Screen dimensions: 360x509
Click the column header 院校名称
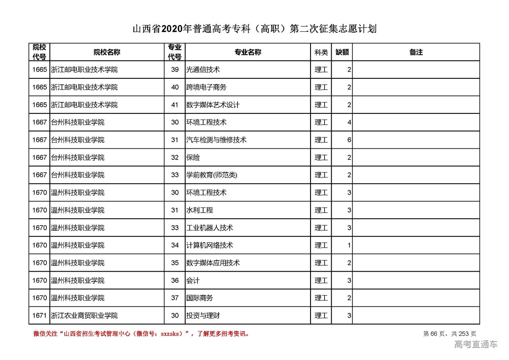tap(107, 52)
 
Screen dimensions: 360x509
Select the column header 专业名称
tap(248, 52)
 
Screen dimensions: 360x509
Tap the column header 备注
tap(416, 52)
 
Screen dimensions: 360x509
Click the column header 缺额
tap(342, 52)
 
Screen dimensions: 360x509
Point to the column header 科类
tap(321, 52)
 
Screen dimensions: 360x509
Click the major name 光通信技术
tap(203, 70)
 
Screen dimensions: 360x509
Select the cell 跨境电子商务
tap(206, 87)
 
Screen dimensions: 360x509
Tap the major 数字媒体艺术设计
tap(213, 105)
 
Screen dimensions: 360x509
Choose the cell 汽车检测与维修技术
tap(216, 140)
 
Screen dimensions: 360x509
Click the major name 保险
tap(193, 158)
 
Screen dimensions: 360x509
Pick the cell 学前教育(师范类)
tap(212, 175)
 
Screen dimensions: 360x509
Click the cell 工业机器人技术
tap(210, 228)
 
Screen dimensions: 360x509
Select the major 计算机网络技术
tap(210, 245)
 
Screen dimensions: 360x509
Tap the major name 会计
tap(193, 280)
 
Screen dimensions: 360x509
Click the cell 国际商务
tap(200, 298)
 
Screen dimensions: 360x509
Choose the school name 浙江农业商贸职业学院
tap(84, 316)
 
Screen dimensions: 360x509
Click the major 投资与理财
tap(203, 316)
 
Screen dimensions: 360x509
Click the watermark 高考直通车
tap(476, 344)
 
